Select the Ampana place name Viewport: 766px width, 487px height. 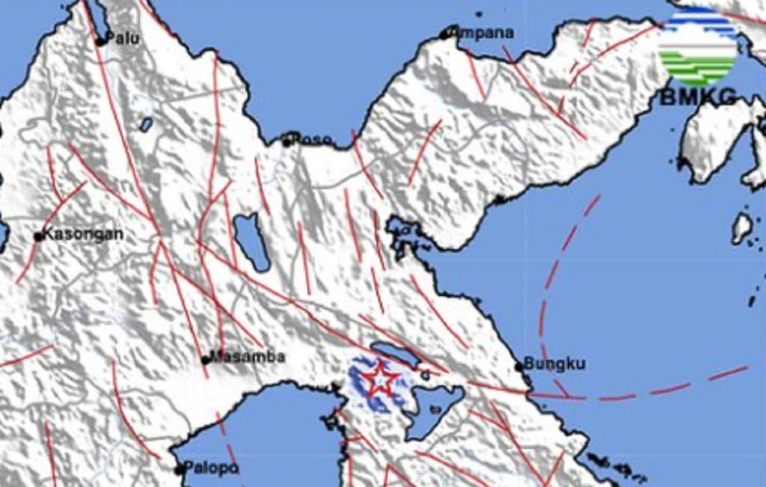point(486,32)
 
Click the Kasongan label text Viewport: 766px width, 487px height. point(83,234)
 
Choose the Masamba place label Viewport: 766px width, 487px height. point(247,357)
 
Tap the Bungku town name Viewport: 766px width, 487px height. point(554,364)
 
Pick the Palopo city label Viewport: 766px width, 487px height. point(212,469)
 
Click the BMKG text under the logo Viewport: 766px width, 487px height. point(697,97)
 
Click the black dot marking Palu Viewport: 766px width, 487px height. point(99,42)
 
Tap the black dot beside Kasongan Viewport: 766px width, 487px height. point(39,237)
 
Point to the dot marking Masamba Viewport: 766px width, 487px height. point(205,360)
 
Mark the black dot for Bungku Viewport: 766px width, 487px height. point(518,367)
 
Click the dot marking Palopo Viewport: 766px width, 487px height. point(179,471)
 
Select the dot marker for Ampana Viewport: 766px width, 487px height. point(445,34)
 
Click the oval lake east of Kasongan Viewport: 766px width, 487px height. point(251,241)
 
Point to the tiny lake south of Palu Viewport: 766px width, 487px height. point(147,123)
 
